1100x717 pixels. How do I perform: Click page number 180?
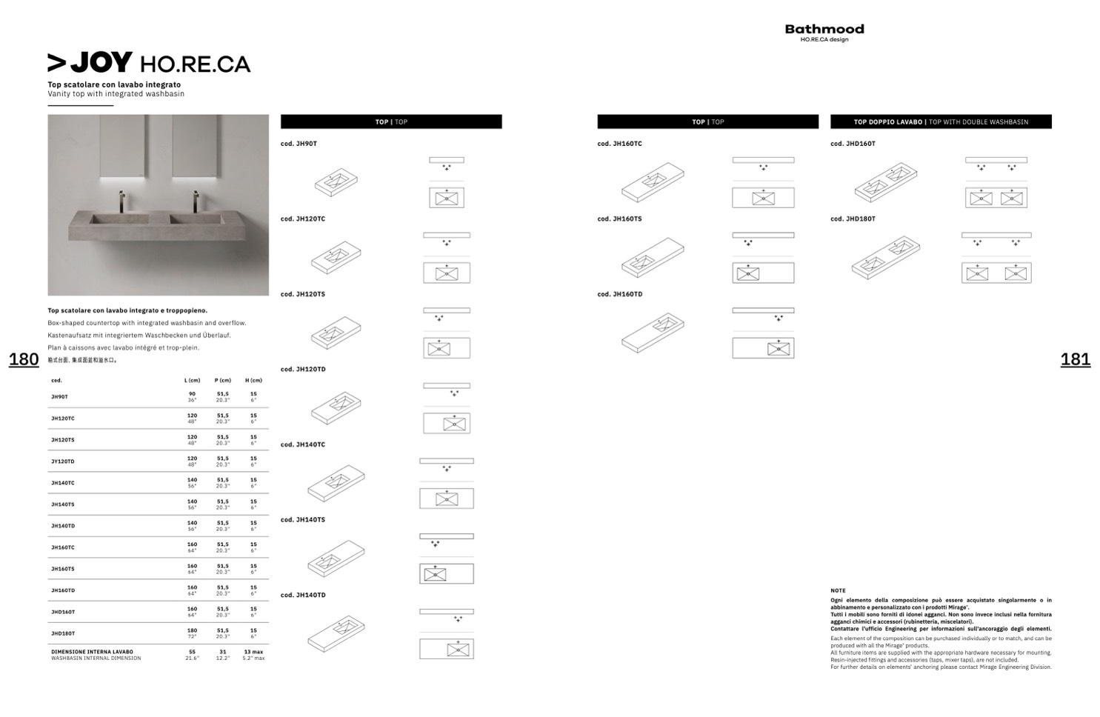pyautogui.click(x=24, y=359)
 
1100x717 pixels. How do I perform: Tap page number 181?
pyautogui.click(x=1075, y=359)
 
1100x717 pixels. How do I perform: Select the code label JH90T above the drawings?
pyautogui.click(x=299, y=144)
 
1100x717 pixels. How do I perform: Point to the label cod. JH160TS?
pyautogui.click(x=619, y=219)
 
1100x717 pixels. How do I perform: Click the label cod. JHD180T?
pyautogui.click(x=853, y=219)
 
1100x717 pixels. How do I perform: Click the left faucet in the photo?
pyautogui.click(x=121, y=201)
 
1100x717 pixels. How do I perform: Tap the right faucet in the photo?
pyautogui.click(x=196, y=201)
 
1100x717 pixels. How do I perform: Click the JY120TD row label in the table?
pyautogui.click(x=63, y=461)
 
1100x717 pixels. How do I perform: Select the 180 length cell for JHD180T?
pyautogui.click(x=192, y=630)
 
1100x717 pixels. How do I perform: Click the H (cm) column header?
pyautogui.click(x=253, y=381)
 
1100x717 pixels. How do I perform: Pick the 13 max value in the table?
pyautogui.click(x=253, y=652)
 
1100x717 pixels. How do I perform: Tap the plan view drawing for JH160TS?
pyautogui.click(x=763, y=273)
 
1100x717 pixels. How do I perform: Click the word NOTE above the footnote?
pyautogui.click(x=838, y=591)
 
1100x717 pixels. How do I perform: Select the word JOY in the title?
pyautogui.click(x=101, y=63)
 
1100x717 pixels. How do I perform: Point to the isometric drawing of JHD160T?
pyautogui.click(x=886, y=182)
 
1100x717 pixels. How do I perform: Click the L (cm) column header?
pyautogui.click(x=193, y=381)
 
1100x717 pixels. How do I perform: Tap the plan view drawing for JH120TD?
pyautogui.click(x=447, y=423)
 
